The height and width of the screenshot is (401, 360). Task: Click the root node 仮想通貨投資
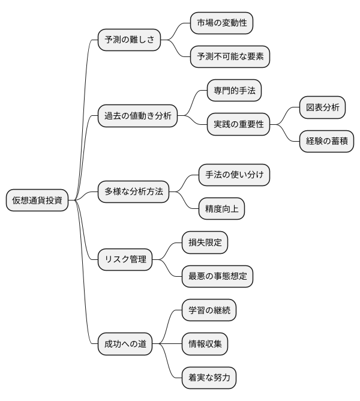pos(37,200)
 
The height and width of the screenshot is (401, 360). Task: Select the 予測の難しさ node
pos(129,40)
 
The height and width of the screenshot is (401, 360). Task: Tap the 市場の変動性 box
pos(221,23)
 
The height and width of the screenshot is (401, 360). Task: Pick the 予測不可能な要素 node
pos(230,57)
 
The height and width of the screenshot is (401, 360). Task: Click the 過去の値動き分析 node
pos(137,116)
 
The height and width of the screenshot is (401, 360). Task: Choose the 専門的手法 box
pos(233,91)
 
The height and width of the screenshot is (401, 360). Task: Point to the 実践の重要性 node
pos(238,125)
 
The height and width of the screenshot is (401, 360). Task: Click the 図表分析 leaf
pos(322,108)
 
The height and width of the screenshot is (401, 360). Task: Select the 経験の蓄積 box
pos(326,142)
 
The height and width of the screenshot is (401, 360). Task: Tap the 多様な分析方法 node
pos(133,192)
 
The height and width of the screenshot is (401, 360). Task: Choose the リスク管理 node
pos(125,259)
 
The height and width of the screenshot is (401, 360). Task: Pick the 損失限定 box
pos(205,243)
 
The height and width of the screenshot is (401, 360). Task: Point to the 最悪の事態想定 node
pos(217,276)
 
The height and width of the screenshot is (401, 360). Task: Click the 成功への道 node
pos(125,345)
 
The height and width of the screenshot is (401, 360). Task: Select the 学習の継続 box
pos(209,310)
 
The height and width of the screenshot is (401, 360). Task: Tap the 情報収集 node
pos(205,345)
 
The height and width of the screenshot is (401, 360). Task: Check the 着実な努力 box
pos(209,378)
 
